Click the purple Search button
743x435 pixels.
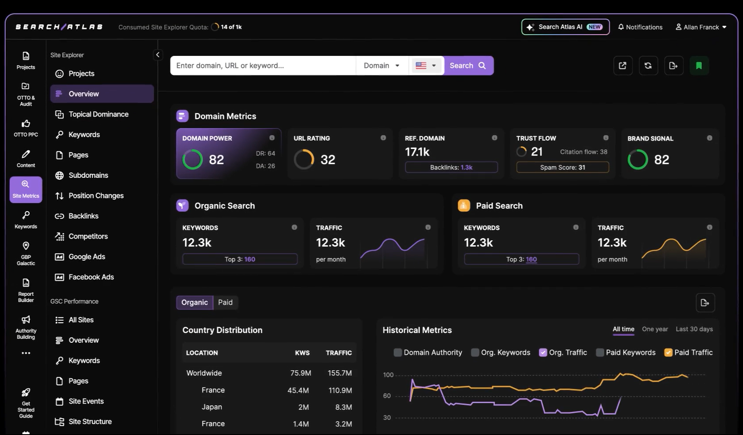(x=468, y=66)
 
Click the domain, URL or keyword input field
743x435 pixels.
(x=262, y=66)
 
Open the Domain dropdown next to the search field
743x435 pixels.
(x=381, y=66)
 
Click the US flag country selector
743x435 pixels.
(x=426, y=66)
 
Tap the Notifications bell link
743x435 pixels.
(x=640, y=27)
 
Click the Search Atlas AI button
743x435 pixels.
(x=565, y=27)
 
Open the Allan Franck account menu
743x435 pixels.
(x=701, y=27)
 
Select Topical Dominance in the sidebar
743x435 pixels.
(x=98, y=114)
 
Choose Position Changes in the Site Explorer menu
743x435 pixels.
(x=96, y=196)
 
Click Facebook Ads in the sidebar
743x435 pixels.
(x=91, y=277)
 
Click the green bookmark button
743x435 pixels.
(x=699, y=66)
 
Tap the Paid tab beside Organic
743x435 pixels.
(x=225, y=302)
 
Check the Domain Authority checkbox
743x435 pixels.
(x=398, y=353)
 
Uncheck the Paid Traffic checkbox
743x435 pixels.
(x=668, y=353)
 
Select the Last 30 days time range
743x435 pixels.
(x=694, y=329)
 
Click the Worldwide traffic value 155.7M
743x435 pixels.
(x=339, y=373)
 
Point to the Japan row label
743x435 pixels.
(x=212, y=407)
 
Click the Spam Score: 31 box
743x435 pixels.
(x=562, y=168)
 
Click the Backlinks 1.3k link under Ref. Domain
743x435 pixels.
(x=466, y=168)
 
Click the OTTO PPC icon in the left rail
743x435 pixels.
(x=26, y=128)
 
